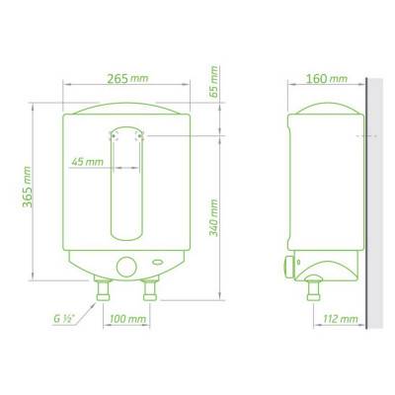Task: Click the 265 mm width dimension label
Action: click(127, 79)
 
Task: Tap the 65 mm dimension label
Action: click(214, 82)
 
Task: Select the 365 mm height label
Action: click(27, 187)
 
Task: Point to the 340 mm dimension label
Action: click(214, 217)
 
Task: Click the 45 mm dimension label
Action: click(88, 162)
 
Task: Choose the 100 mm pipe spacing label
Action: click(127, 319)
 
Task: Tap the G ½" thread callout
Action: click(64, 319)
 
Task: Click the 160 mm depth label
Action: click(327, 79)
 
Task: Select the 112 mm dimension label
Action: click(340, 319)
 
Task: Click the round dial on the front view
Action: click(126, 267)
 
